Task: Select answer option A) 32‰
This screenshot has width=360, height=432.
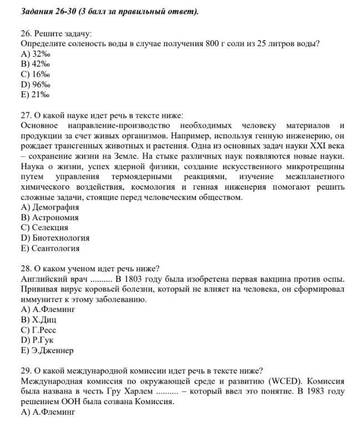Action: tap(35, 54)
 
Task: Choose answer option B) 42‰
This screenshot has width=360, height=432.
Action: tap(35, 64)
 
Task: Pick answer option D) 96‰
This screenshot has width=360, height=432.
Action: tap(35, 85)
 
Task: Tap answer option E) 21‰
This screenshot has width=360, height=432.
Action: tap(35, 95)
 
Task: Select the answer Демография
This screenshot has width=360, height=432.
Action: tap(50, 207)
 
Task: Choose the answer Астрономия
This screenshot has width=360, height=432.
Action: tap(50, 217)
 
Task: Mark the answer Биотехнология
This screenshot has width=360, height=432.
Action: tap(55, 238)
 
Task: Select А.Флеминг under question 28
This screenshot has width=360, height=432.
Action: tap(48, 310)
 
